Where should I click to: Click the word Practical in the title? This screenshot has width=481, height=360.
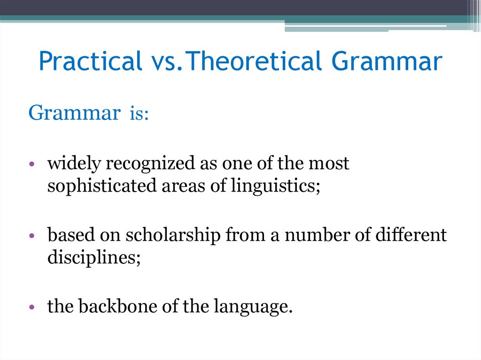pyautogui.click(x=90, y=62)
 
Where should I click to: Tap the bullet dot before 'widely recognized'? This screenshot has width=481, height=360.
pyautogui.click(x=31, y=165)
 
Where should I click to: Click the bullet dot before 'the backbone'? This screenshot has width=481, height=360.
pyautogui.click(x=31, y=308)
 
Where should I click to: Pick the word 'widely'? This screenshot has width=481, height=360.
pyautogui.click(x=74, y=164)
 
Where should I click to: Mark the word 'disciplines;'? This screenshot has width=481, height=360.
pyautogui.click(x=94, y=258)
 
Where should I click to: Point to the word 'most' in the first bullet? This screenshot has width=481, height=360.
pyautogui.click(x=332, y=164)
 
